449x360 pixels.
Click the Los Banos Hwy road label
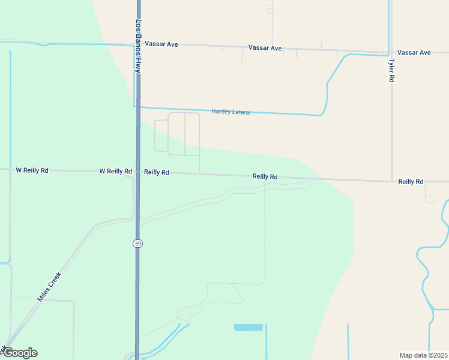tap(138, 47)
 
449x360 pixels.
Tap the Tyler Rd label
tap(391, 70)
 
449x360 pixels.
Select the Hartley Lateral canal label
tap(231, 112)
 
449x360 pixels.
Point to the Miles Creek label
tap(49, 286)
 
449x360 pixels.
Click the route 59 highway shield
tap(138, 243)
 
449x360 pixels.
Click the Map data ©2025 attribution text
tap(423, 355)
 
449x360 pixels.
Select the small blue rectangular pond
tap(248, 328)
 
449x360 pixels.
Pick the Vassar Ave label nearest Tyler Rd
tap(414, 52)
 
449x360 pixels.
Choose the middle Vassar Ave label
tap(265, 47)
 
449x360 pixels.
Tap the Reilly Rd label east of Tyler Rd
tap(411, 181)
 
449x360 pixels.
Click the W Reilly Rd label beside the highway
tap(115, 171)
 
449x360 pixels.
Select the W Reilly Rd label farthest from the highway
tap(32, 170)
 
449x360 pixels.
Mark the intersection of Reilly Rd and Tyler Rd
tap(392, 180)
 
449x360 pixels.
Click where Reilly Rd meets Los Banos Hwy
tap(138, 172)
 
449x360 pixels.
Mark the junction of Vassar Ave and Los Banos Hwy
tap(138, 44)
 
